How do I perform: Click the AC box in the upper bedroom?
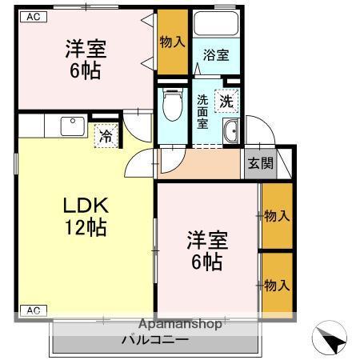tap(34, 17)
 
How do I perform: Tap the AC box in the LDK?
tap(34, 310)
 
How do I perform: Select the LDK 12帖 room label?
tap(86, 216)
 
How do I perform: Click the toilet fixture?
tap(173, 104)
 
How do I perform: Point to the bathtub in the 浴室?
tap(216, 23)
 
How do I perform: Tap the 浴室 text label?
tap(216, 55)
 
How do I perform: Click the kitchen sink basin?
tap(73, 126)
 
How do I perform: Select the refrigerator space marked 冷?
tap(106, 136)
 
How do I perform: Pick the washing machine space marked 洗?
tap(226, 101)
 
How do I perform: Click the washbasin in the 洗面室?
tap(231, 131)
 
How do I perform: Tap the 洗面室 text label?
tap(202, 111)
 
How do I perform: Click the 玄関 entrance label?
tap(261, 163)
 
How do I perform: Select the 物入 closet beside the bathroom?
tap(173, 42)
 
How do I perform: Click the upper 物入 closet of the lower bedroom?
tap(277, 215)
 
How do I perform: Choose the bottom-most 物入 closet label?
tap(277, 286)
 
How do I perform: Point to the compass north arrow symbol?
tap(330, 338)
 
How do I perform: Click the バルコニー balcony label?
tap(155, 339)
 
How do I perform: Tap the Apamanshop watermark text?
tap(180, 324)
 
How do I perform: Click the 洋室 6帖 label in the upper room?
tap(86, 59)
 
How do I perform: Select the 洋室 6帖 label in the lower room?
tap(207, 250)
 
